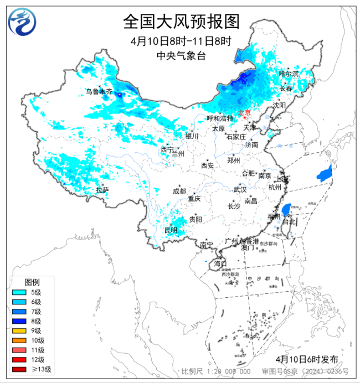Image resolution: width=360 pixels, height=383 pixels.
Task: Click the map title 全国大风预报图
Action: (181, 22)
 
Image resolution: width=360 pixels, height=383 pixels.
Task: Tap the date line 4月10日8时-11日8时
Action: (181, 42)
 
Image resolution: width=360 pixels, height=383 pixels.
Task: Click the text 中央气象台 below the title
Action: (181, 55)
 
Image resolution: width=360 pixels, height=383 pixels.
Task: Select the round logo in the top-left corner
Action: (20, 22)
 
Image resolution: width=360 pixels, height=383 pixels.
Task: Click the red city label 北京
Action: (244, 112)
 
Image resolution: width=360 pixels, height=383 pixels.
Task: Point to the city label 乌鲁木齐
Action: (98, 91)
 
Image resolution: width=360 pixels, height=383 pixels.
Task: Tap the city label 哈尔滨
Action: (289, 74)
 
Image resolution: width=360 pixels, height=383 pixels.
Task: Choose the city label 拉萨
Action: (102, 190)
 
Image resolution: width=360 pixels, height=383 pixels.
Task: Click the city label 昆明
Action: (171, 230)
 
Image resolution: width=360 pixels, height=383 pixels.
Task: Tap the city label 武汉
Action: (239, 189)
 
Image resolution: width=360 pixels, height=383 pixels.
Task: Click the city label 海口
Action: (220, 263)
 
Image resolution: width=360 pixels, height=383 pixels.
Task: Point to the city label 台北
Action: (290, 221)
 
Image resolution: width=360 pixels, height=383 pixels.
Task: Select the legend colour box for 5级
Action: (19, 292)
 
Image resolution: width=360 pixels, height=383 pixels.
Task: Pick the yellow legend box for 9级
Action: (19, 330)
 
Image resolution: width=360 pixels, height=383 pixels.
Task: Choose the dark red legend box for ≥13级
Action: (19, 369)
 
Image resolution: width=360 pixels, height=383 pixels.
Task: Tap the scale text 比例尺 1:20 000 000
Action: (216, 371)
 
